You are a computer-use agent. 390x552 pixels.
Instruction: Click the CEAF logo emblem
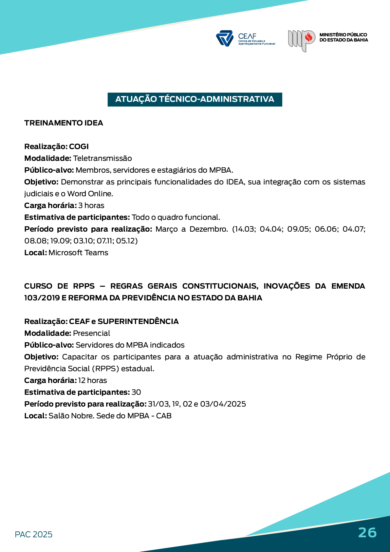[x=224, y=38]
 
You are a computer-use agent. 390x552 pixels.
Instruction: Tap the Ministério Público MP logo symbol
[x=301, y=40]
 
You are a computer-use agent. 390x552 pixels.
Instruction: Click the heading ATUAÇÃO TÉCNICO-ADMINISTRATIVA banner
[x=195, y=99]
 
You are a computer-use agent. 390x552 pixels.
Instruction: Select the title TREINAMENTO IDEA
[x=64, y=123]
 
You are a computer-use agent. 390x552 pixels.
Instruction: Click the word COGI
[x=79, y=146]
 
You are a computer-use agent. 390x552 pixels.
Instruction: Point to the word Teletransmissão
[x=102, y=158]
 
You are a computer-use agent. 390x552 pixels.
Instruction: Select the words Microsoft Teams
[x=78, y=253]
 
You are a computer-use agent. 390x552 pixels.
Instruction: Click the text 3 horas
[x=91, y=205]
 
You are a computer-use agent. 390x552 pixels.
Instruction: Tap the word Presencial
[x=91, y=333]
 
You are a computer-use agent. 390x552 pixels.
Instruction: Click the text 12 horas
[x=92, y=380]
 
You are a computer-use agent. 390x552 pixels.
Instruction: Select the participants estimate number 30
[x=136, y=392]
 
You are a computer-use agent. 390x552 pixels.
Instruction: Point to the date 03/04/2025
[x=223, y=404]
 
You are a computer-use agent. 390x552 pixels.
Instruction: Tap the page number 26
[x=367, y=532]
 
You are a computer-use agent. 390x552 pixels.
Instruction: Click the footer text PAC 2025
[x=33, y=534]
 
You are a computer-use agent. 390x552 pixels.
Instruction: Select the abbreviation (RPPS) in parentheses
[x=105, y=369]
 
